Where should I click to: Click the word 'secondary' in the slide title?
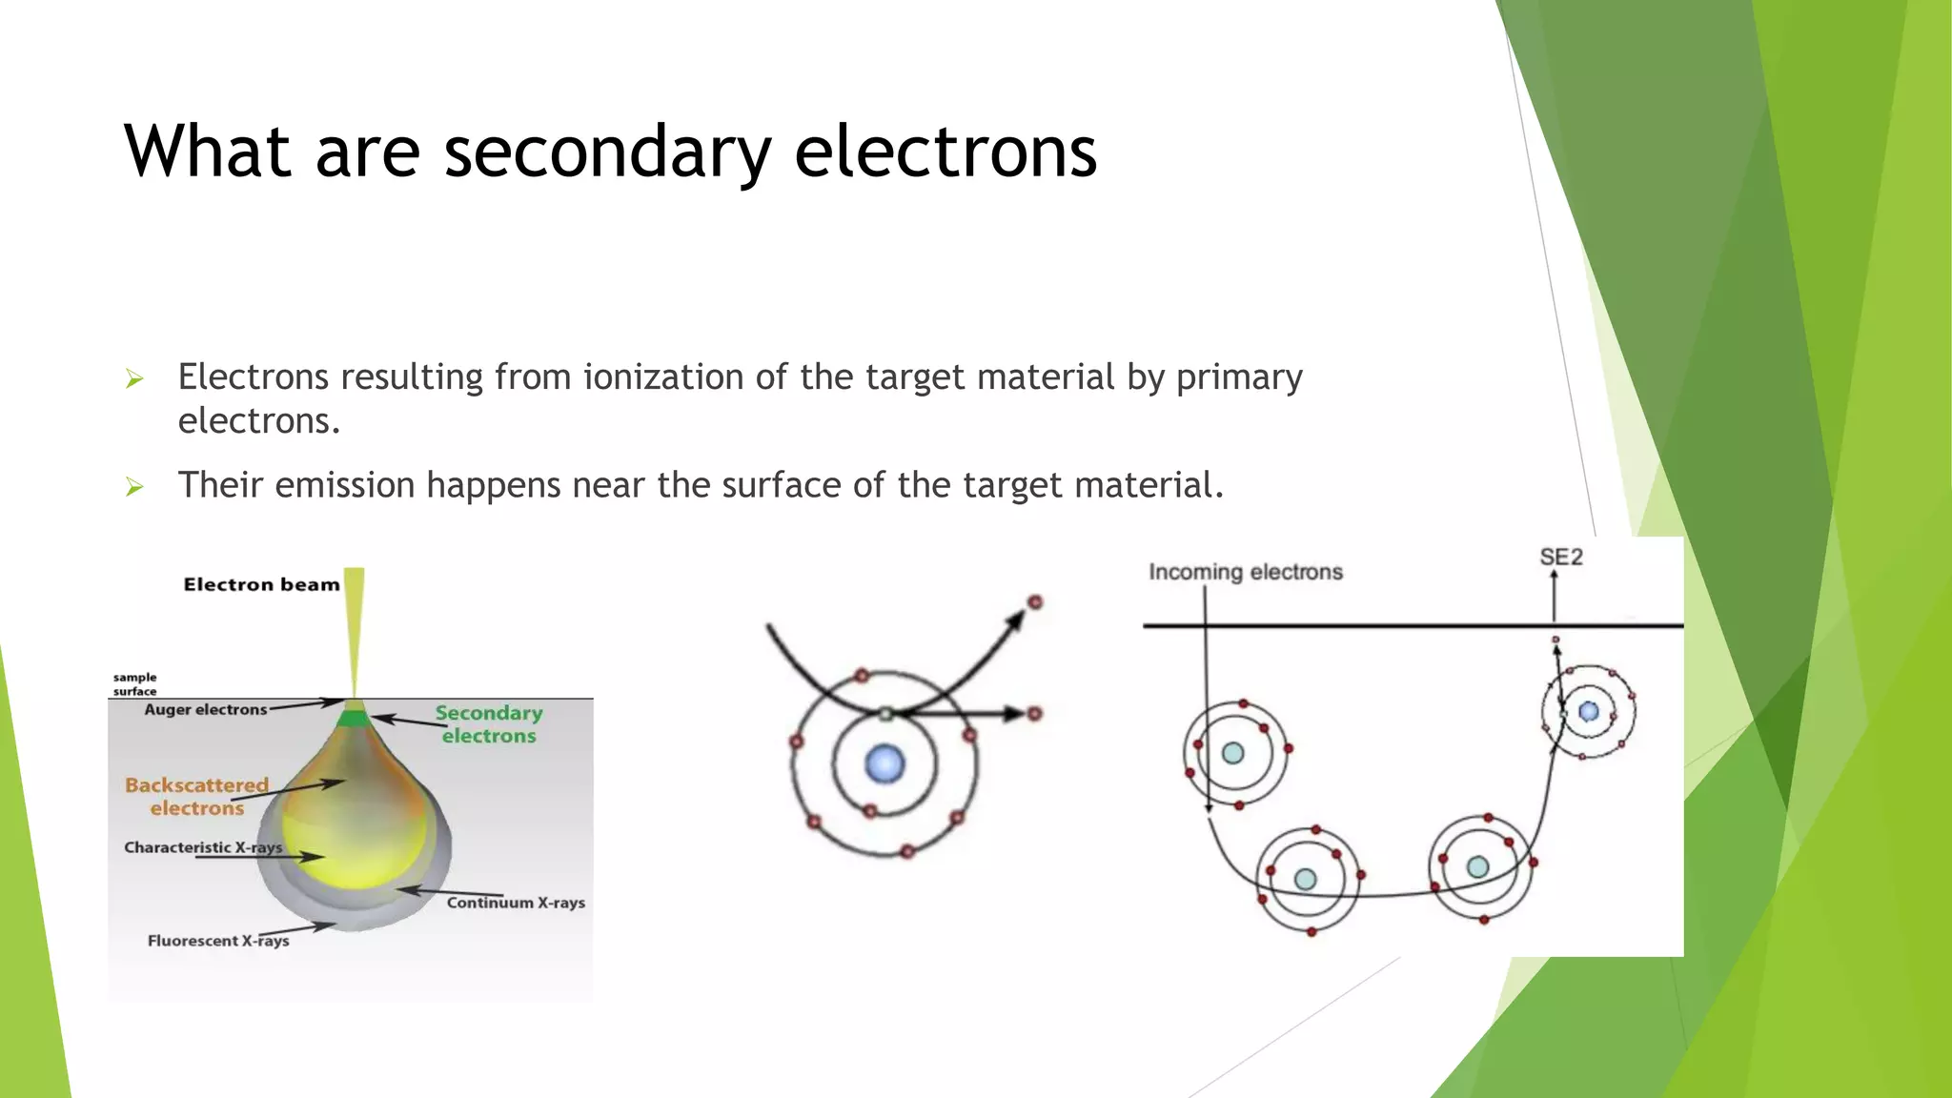606,152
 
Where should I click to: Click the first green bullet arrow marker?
134,379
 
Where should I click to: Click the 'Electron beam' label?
261,584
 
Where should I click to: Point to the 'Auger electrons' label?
206,709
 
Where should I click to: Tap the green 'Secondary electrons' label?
488,724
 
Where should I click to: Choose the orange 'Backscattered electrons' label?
197,797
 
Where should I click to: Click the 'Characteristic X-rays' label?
203,847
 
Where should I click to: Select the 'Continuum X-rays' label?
516,903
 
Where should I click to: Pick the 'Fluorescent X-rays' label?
218,941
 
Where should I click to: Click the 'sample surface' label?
134,684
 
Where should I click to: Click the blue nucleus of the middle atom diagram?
884,764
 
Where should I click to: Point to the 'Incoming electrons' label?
1245,572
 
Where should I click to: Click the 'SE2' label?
1560,558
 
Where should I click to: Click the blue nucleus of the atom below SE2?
1589,711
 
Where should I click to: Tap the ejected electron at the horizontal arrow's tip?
1035,713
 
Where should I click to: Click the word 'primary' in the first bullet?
1239,377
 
